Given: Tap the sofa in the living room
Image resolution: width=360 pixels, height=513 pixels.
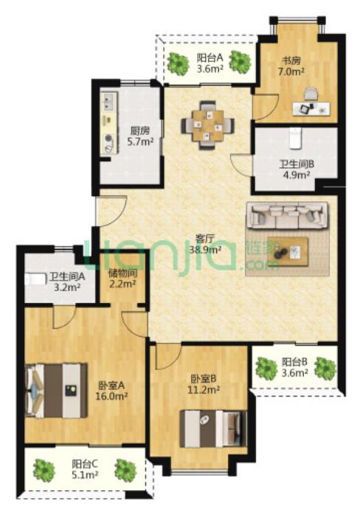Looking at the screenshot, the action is [287, 215].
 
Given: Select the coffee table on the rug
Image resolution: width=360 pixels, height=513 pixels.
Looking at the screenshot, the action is [288, 252].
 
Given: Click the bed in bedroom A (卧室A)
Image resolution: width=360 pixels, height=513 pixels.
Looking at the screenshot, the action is [56, 391].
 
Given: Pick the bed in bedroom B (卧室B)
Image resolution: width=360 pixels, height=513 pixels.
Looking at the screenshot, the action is [213, 428].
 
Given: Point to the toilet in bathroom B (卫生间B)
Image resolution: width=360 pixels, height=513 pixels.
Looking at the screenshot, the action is [295, 139].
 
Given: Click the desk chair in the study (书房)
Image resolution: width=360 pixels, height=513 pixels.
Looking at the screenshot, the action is [311, 94].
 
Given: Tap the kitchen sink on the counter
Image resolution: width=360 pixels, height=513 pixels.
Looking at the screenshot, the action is [108, 101].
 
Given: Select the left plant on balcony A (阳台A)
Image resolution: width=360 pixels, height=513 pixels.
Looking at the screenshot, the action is [179, 63].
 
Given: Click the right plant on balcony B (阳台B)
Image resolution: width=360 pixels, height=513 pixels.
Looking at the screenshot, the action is [325, 367].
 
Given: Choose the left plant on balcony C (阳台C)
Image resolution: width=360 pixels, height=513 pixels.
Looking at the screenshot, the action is [44, 470].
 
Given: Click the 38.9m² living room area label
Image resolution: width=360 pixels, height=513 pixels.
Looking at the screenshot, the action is [205, 250].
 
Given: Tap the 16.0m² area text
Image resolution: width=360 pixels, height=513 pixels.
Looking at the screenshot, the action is [111, 396].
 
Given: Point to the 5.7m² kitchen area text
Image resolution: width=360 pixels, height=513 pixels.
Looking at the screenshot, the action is [140, 142].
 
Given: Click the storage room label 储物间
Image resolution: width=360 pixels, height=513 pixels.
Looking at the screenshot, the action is [122, 273].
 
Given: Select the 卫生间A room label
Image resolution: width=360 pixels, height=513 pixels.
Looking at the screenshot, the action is [67, 277].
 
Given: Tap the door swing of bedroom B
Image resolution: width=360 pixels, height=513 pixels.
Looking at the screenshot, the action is [168, 357].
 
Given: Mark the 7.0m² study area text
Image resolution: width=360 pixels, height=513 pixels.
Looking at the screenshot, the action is [291, 71].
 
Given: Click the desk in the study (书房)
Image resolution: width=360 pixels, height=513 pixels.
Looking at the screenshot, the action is [311, 108].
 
